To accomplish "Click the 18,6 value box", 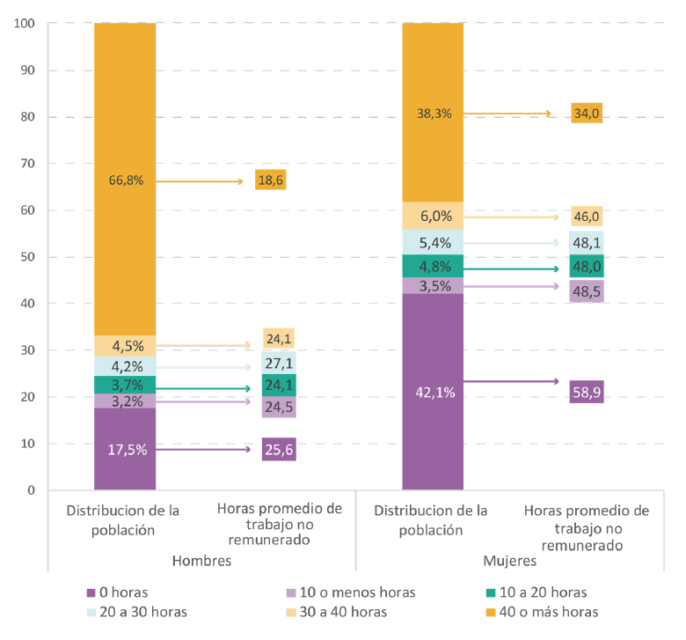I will point(269,180).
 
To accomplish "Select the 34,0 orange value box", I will point(587,113).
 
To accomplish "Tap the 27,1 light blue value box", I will point(279,362).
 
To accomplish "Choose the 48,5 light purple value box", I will point(586,291).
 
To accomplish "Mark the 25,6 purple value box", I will point(279,449).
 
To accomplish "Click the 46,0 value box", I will point(587,216).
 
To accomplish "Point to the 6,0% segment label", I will point(433,216).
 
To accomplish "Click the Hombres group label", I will point(201,560).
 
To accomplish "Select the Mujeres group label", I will point(510,560).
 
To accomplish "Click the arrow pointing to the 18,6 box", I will point(202,181).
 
